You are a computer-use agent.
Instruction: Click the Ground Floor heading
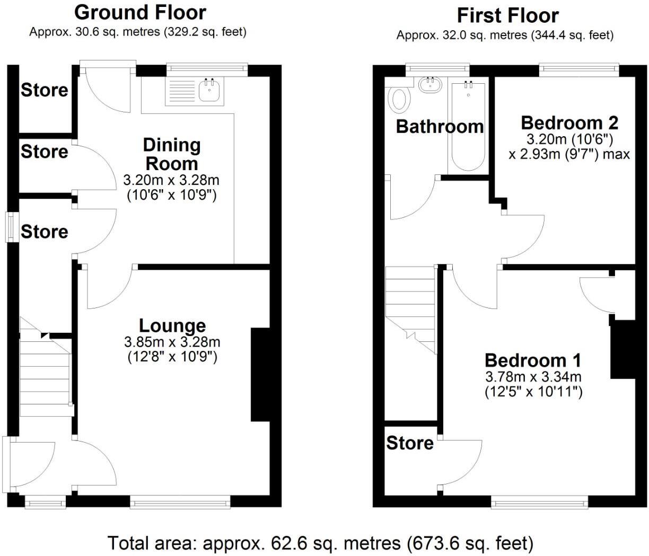point(140,12)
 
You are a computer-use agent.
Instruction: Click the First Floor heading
point(507,15)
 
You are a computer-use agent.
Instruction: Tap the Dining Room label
point(172,154)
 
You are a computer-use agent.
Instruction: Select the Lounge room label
point(172,325)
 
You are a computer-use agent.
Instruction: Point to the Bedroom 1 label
point(533,360)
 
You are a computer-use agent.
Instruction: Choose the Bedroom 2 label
point(569,122)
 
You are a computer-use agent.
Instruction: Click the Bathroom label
point(440,127)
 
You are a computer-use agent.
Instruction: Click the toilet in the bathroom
point(400,99)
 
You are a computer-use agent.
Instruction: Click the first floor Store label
point(409,443)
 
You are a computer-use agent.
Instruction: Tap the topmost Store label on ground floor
point(45,90)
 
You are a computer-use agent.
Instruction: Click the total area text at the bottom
point(320,543)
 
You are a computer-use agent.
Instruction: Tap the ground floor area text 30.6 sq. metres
point(137,32)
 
